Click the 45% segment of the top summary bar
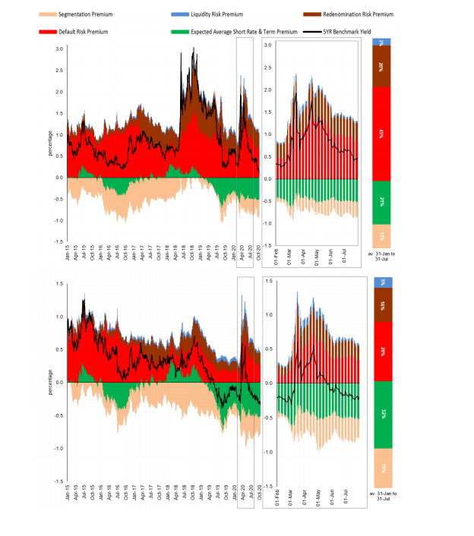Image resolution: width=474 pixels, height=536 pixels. click(x=381, y=134)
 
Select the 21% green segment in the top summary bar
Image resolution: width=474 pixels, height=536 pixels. click(x=381, y=202)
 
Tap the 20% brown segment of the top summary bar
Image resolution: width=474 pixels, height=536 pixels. click(x=381, y=66)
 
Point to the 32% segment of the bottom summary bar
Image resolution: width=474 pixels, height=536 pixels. click(x=381, y=414)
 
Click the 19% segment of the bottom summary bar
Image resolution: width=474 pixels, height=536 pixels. click(x=381, y=467)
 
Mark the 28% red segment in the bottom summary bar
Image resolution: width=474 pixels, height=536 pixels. click(x=381, y=350)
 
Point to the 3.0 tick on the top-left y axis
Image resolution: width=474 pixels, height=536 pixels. click(x=58, y=49)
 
